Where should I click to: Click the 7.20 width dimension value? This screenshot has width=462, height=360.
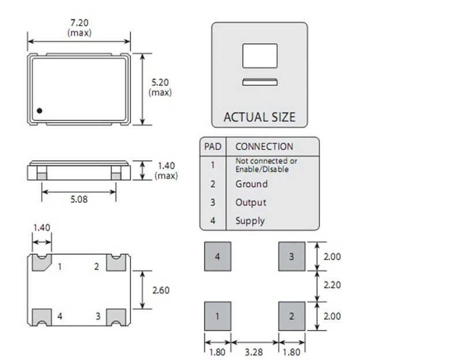(79, 22)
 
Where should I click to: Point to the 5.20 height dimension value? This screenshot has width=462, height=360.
(160, 82)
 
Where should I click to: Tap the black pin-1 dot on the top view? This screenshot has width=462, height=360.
(39, 111)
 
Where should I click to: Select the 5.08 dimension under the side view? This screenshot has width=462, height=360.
(79, 199)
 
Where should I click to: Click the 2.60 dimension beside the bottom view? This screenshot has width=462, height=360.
(161, 290)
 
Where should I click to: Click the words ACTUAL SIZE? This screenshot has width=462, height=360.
(259, 117)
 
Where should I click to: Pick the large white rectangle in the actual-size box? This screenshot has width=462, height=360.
(260, 55)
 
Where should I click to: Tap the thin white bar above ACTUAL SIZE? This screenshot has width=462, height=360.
(260, 82)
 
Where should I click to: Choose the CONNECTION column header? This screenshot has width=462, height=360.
(264, 147)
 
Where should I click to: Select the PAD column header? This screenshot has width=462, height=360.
(213, 147)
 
